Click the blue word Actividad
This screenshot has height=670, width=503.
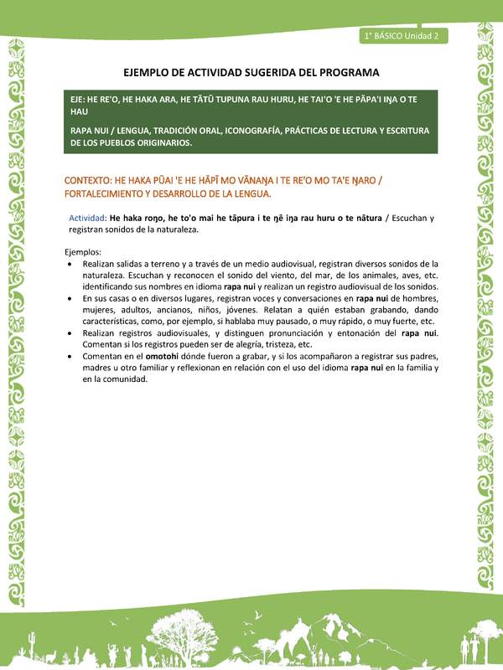(x=86, y=218)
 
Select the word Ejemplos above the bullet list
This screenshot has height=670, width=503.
(x=82, y=251)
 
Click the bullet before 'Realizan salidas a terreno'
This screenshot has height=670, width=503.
(x=70, y=263)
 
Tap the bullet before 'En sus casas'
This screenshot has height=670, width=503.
(x=70, y=298)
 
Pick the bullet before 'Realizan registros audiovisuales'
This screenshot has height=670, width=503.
(x=70, y=332)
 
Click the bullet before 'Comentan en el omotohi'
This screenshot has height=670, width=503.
(x=70, y=356)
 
